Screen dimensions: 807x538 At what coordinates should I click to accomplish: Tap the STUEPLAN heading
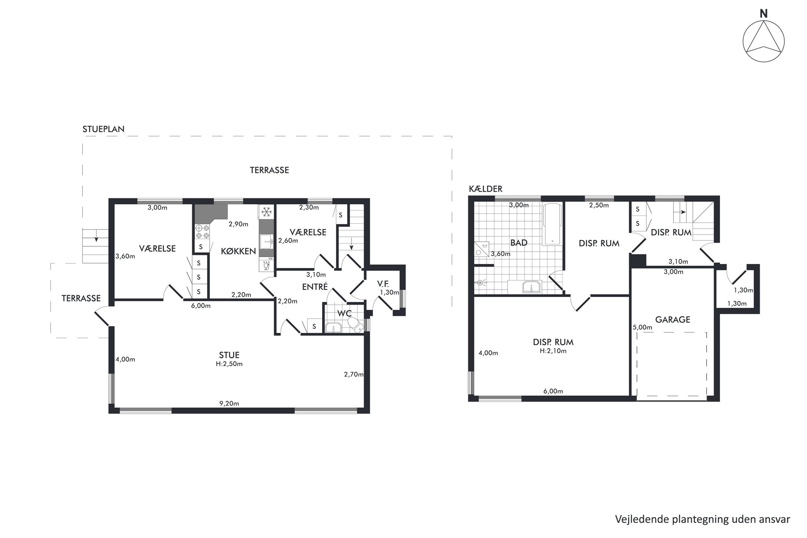103,129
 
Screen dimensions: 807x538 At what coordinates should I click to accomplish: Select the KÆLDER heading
486,189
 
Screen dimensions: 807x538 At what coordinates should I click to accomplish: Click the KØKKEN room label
238,251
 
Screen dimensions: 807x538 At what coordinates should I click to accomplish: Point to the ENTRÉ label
315,287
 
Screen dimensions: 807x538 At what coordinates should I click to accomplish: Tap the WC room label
345,314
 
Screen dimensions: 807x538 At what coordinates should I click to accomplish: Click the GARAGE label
672,320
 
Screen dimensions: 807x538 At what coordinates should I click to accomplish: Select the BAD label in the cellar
519,243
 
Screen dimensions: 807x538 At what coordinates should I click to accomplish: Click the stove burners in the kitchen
202,232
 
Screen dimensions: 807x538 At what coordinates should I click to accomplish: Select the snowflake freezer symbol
266,211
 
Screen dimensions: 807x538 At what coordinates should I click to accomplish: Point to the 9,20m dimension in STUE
229,404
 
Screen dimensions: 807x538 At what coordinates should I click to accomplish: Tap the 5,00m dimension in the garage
642,327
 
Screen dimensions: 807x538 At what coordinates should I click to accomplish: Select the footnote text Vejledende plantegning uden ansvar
702,520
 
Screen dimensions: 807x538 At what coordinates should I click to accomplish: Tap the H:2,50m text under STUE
229,364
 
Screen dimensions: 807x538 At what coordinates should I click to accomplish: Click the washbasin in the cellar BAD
532,286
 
